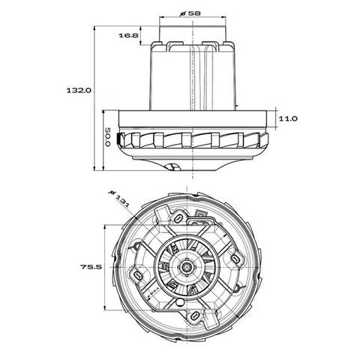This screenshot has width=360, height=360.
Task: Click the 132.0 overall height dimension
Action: pyautogui.click(x=78, y=90)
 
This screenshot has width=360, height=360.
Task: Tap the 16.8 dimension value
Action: pyautogui.click(x=129, y=35)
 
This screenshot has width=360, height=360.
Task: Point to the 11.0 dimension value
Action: pyautogui.click(x=288, y=118)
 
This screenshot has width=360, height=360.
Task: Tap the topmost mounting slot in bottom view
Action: pyautogui.click(x=178, y=218)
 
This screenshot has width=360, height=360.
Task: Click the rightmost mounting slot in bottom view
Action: pyautogui.click(x=236, y=258)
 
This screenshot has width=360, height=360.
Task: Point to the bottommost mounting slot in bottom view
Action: pyautogui.click(x=196, y=315)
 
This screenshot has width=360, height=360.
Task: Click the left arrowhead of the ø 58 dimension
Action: pyautogui.click(x=161, y=17)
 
